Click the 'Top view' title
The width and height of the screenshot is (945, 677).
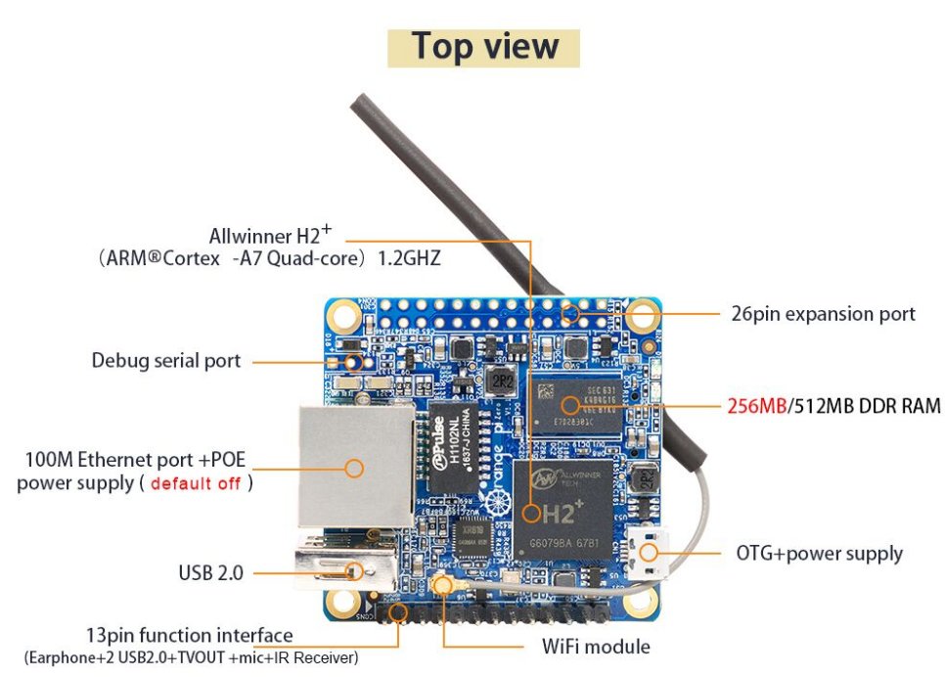tap(484, 47)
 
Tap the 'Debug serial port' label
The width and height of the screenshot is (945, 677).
tap(165, 360)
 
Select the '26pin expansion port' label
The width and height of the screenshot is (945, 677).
tap(823, 314)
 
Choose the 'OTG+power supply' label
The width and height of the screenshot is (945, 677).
tap(819, 553)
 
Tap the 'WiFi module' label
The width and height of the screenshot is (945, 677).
tap(596, 646)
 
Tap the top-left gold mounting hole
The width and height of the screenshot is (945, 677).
tap(342, 315)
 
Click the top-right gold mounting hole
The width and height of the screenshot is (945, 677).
tap(642, 315)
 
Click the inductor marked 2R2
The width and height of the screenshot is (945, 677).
tap(503, 379)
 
